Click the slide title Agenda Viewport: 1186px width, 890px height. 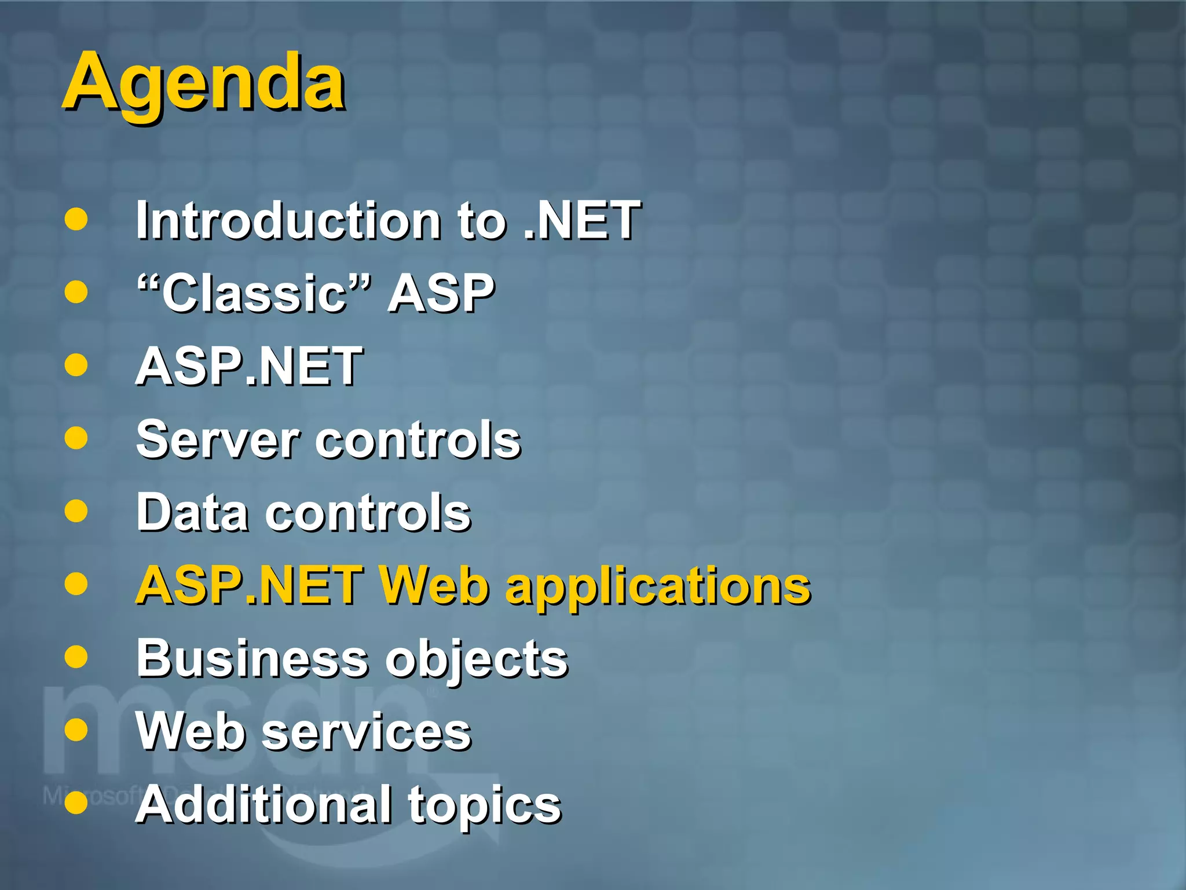tap(204, 83)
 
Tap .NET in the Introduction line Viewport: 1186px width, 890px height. tap(581, 221)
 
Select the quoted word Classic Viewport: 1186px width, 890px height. tap(253, 294)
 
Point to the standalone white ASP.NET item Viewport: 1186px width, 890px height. tap(249, 367)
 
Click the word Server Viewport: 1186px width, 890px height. tap(218, 440)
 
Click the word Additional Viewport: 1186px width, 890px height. tap(263, 805)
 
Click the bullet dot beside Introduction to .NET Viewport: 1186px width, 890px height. tap(76, 220)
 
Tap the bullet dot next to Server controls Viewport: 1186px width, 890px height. tap(76, 438)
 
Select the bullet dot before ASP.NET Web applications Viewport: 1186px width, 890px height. tap(76, 584)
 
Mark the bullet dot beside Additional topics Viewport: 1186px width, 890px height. tap(76, 803)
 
